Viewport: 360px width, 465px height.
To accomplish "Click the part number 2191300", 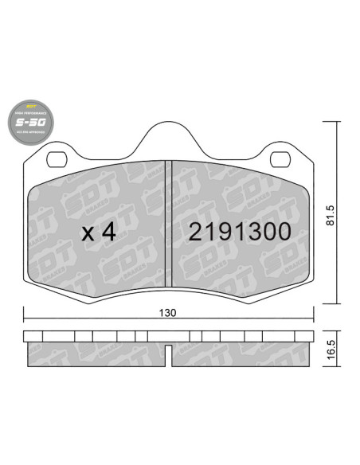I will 239,232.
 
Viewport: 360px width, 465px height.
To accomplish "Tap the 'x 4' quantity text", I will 100,232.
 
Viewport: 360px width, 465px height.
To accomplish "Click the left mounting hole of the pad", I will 53,157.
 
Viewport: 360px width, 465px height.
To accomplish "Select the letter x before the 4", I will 88,234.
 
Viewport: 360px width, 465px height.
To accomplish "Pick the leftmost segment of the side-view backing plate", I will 32,335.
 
